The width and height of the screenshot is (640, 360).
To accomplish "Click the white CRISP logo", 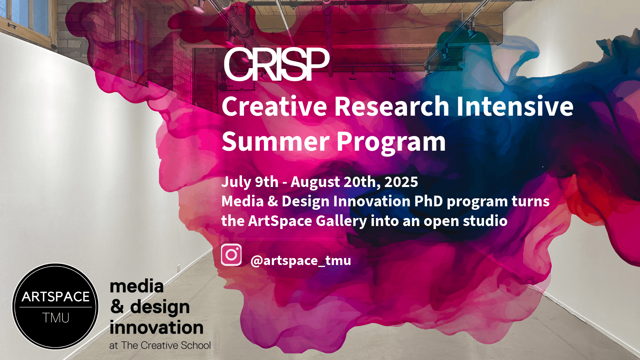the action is pos(277,64).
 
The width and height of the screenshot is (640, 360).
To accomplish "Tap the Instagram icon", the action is pos(231,255).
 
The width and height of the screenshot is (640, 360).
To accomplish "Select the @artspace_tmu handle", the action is pos(301,260).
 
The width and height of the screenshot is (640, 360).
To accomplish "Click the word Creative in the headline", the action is pos(274,106).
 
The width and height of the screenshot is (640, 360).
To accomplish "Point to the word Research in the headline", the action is pos(392,106).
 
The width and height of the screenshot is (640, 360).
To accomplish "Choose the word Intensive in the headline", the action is pos(515,106).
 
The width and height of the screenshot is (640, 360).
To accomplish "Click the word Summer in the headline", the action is pos(276,142).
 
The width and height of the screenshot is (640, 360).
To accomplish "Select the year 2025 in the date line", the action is pos(401,182).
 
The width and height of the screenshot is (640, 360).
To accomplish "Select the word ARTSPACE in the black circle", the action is pos(56,297).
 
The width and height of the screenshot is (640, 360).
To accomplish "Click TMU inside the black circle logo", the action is pos(56,318).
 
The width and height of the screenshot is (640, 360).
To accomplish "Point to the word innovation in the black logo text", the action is pos(156,327).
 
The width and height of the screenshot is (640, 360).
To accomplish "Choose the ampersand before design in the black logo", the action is pos(117,307).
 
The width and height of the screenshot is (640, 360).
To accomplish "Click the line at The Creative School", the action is pos(160,345).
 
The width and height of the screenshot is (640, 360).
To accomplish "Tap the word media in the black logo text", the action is pos(137,286).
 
